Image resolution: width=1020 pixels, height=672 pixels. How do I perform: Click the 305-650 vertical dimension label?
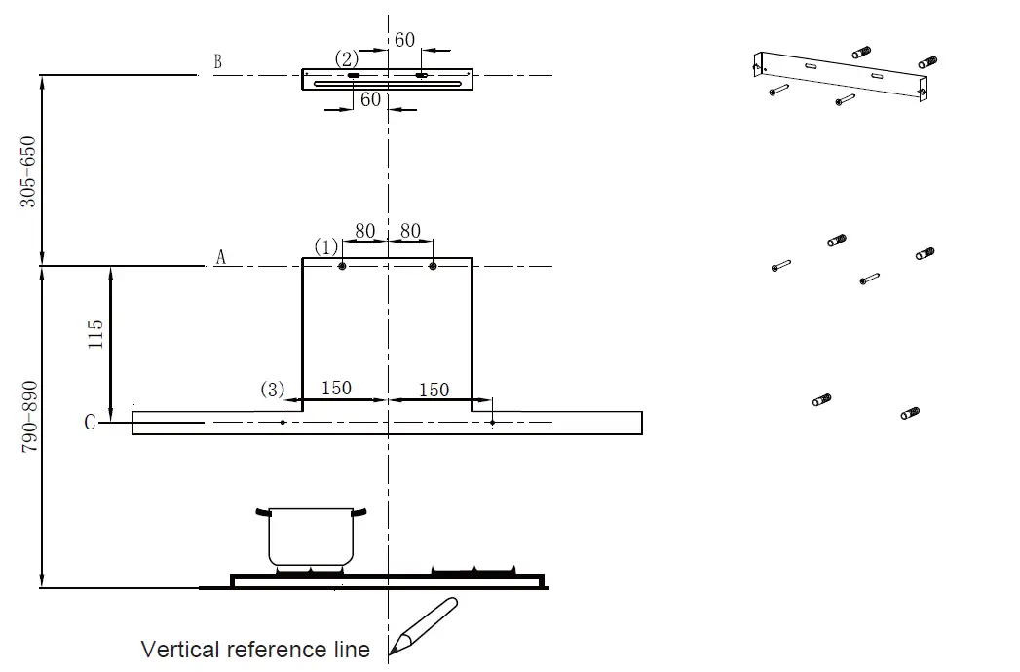click(x=28, y=170)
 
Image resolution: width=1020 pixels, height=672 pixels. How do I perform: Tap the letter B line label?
click(x=217, y=62)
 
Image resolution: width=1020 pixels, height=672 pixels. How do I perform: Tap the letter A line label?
click(x=220, y=258)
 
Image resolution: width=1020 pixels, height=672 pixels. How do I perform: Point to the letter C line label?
click(x=90, y=423)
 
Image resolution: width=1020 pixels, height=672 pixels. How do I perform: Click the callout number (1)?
click(x=324, y=245)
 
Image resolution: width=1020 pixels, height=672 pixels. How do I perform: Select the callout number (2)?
click(x=347, y=58)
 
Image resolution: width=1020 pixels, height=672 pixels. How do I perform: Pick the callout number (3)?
click(x=272, y=390)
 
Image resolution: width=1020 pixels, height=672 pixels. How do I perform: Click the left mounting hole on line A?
click(x=343, y=266)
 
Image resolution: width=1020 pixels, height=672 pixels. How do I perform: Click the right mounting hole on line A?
click(x=433, y=266)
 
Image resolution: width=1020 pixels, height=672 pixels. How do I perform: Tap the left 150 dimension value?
click(x=336, y=389)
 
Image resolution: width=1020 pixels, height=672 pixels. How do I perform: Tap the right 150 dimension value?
click(x=434, y=390)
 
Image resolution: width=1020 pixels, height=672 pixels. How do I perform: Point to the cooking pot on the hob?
click(x=311, y=537)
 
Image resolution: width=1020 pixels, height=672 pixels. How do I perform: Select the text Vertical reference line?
click(x=255, y=650)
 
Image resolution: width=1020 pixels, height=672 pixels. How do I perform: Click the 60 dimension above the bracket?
click(x=404, y=40)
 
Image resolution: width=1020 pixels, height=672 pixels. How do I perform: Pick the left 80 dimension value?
click(x=365, y=232)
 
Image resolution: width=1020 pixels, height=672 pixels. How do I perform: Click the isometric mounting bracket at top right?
click(x=843, y=75)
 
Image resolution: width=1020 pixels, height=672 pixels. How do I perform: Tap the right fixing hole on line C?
click(x=493, y=423)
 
